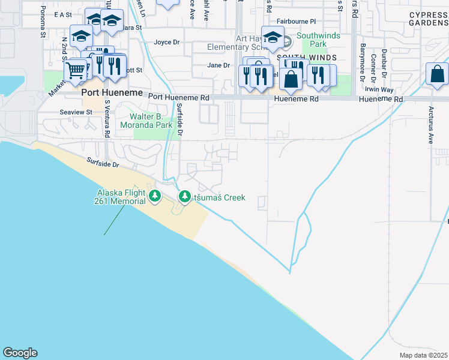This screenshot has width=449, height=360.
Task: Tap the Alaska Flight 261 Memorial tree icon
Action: (155, 196)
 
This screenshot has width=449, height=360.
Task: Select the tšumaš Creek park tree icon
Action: (185, 197)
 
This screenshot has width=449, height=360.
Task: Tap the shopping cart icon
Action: (75, 70)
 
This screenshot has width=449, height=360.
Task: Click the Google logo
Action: (20, 353)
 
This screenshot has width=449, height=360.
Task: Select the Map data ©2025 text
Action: (423, 355)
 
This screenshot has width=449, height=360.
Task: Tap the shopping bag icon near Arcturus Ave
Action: (438, 74)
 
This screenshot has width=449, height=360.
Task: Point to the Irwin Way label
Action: (379, 89)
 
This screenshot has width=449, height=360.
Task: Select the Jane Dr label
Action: (218, 65)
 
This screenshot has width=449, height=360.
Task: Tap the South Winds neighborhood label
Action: (306, 58)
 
